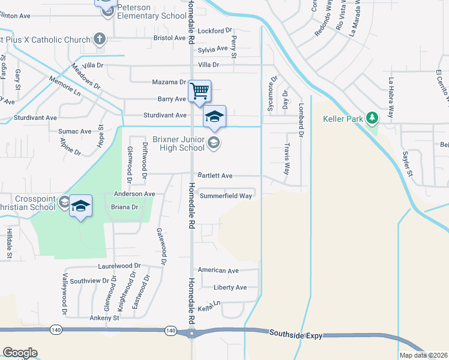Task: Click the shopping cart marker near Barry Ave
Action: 199,91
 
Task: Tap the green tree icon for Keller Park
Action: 373,118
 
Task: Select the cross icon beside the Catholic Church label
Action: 100,40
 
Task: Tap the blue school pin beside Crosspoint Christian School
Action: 80,206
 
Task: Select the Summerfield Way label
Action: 226,196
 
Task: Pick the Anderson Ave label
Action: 134,194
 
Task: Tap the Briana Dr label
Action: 125,206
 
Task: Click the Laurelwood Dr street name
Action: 119,265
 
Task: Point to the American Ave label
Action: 218,271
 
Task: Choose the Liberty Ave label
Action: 231,287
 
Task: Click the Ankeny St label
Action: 104,317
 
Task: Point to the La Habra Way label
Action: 391,98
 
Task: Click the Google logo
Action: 20,353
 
